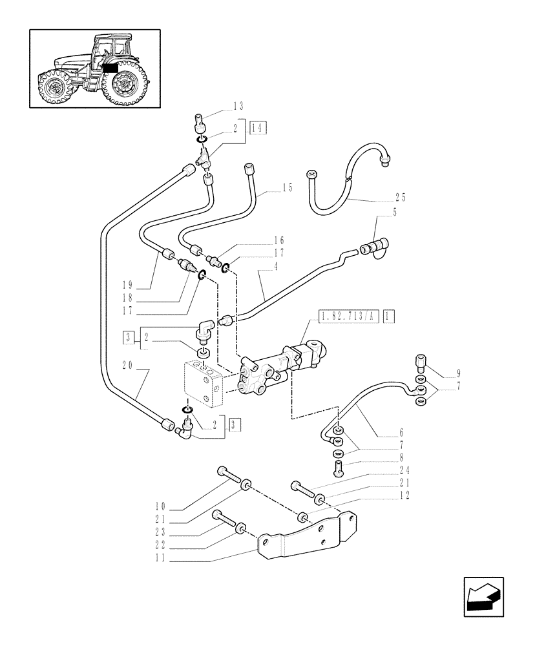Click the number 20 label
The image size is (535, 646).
coord(127,364)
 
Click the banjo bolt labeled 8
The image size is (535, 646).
coord(338,465)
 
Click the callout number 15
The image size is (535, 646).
coord(287,187)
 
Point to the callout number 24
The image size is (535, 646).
coord(404,471)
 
